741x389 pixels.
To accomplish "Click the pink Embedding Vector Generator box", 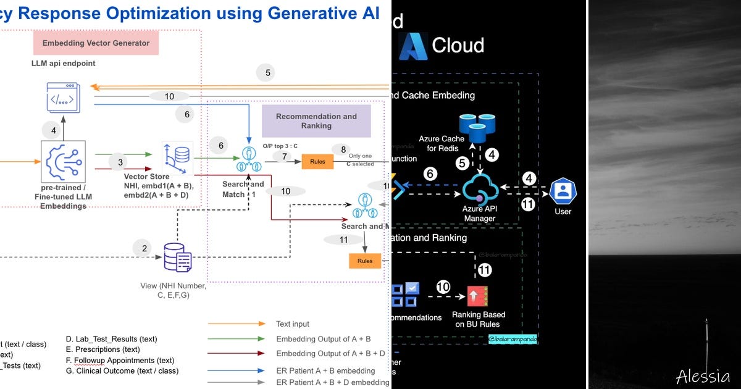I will tap(96, 43).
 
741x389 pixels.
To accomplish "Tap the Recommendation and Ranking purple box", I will tap(316, 121).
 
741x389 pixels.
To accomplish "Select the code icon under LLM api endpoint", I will tap(64, 99).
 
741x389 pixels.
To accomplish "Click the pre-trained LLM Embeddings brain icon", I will tap(64, 161).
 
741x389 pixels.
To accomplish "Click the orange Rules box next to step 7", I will tap(317, 162).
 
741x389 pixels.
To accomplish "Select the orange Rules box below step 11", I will tap(365, 261).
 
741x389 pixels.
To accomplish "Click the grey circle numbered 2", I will tap(144, 248).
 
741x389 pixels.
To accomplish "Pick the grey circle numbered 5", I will tap(267, 73).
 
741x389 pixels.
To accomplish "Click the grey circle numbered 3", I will tap(120, 162).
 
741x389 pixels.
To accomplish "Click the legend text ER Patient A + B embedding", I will tap(325, 371).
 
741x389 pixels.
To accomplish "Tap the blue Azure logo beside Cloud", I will tap(413, 46).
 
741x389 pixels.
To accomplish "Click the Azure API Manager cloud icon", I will tap(480, 190).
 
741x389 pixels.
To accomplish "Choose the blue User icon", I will tap(563, 191).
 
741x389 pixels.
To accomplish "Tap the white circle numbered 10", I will tap(443, 287).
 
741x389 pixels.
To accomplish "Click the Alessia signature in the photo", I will tap(703, 375).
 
